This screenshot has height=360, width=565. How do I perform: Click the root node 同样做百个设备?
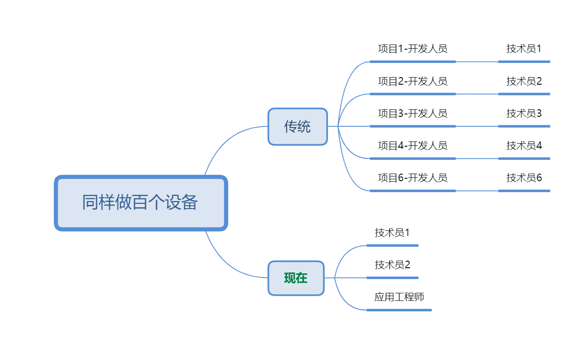[141, 203]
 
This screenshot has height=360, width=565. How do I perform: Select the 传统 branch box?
[298, 126]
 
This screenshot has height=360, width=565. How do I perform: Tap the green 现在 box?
[296, 278]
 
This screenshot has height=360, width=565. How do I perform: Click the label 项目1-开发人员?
[413, 49]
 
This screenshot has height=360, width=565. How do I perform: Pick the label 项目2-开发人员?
[413, 81]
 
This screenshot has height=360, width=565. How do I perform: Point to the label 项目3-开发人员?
[413, 114]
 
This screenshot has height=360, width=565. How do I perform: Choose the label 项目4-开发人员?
[413, 146]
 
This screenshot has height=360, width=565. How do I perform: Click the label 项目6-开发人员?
[413, 178]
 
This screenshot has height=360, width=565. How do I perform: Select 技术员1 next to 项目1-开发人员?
[524, 49]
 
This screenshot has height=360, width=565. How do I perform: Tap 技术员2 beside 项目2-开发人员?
[524, 81]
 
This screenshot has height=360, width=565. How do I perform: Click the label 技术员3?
[524, 114]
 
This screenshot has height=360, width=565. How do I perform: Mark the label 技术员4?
[524, 146]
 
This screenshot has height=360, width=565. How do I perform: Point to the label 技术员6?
[524, 178]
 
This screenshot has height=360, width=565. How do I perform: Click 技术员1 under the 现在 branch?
[392, 233]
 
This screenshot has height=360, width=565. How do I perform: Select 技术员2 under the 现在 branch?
[392, 265]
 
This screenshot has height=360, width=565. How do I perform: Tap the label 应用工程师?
[399, 297]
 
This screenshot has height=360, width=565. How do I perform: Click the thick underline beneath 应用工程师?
[399, 310]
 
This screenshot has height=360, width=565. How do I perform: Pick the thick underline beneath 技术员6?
[524, 191]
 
